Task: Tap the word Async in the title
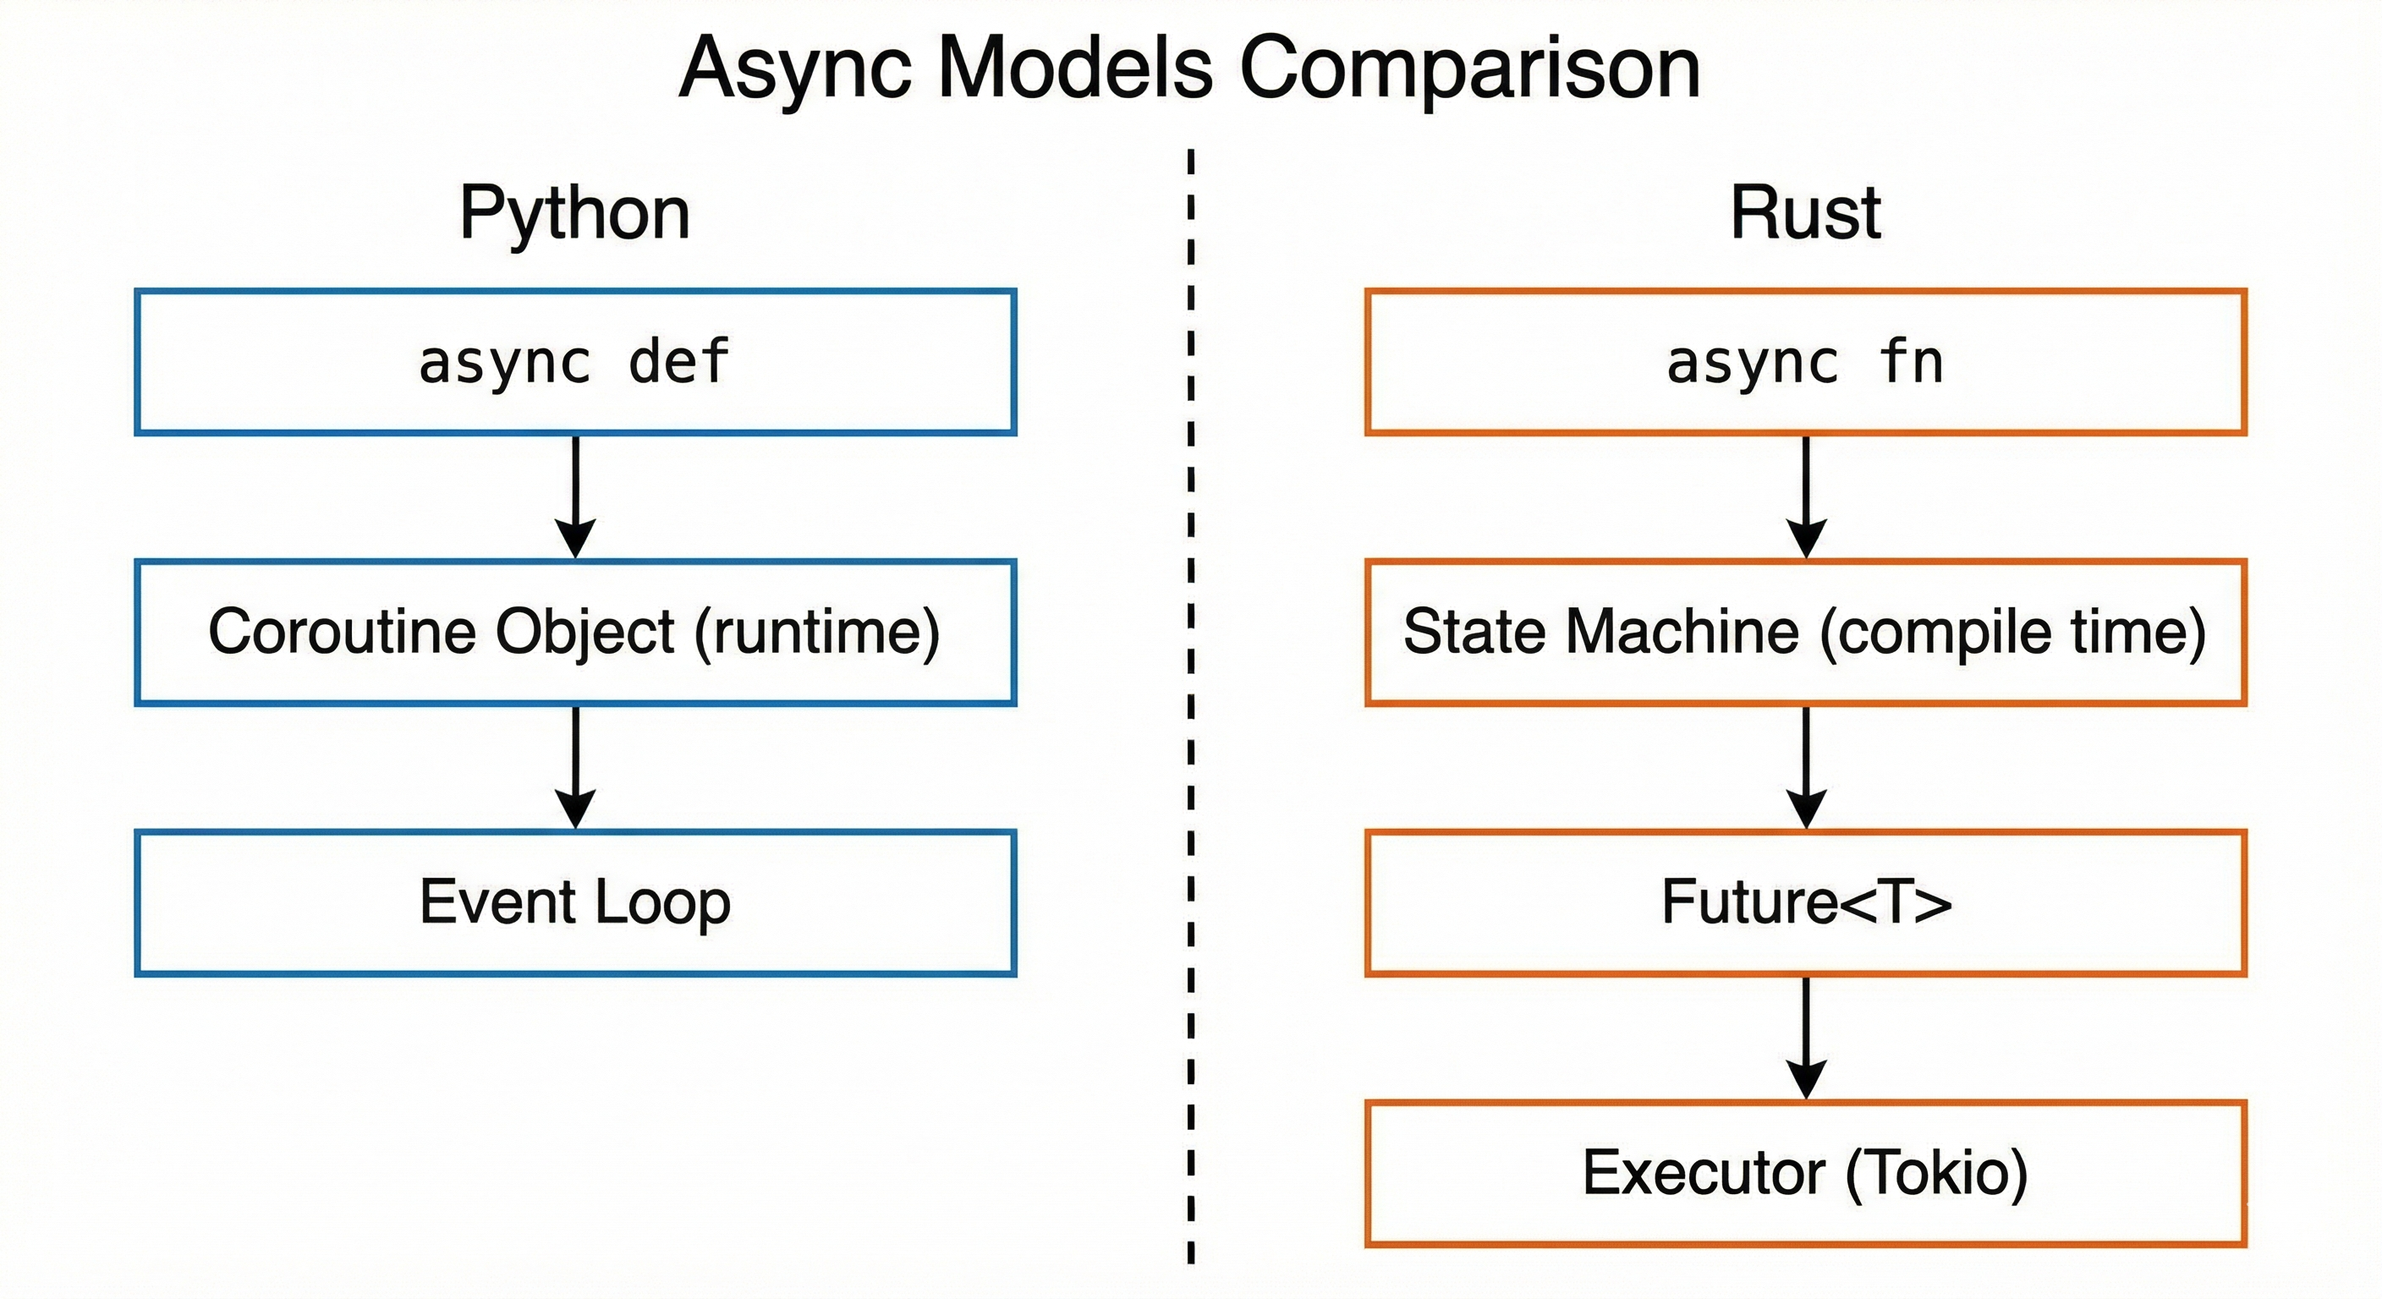coord(795,69)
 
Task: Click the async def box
coord(574,361)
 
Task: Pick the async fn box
coord(1804,361)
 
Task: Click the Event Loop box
coord(574,902)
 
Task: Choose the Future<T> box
coord(1804,902)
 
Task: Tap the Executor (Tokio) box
coord(1804,1172)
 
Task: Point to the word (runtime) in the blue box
coord(816,633)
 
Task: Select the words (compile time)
coord(2012,633)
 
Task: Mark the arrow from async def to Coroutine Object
coord(574,495)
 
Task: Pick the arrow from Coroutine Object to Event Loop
coord(574,765)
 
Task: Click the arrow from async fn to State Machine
coord(1805,495)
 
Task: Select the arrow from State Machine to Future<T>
coord(1805,765)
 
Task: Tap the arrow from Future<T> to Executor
coord(1805,1035)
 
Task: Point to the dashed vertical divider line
coord(1190,703)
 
